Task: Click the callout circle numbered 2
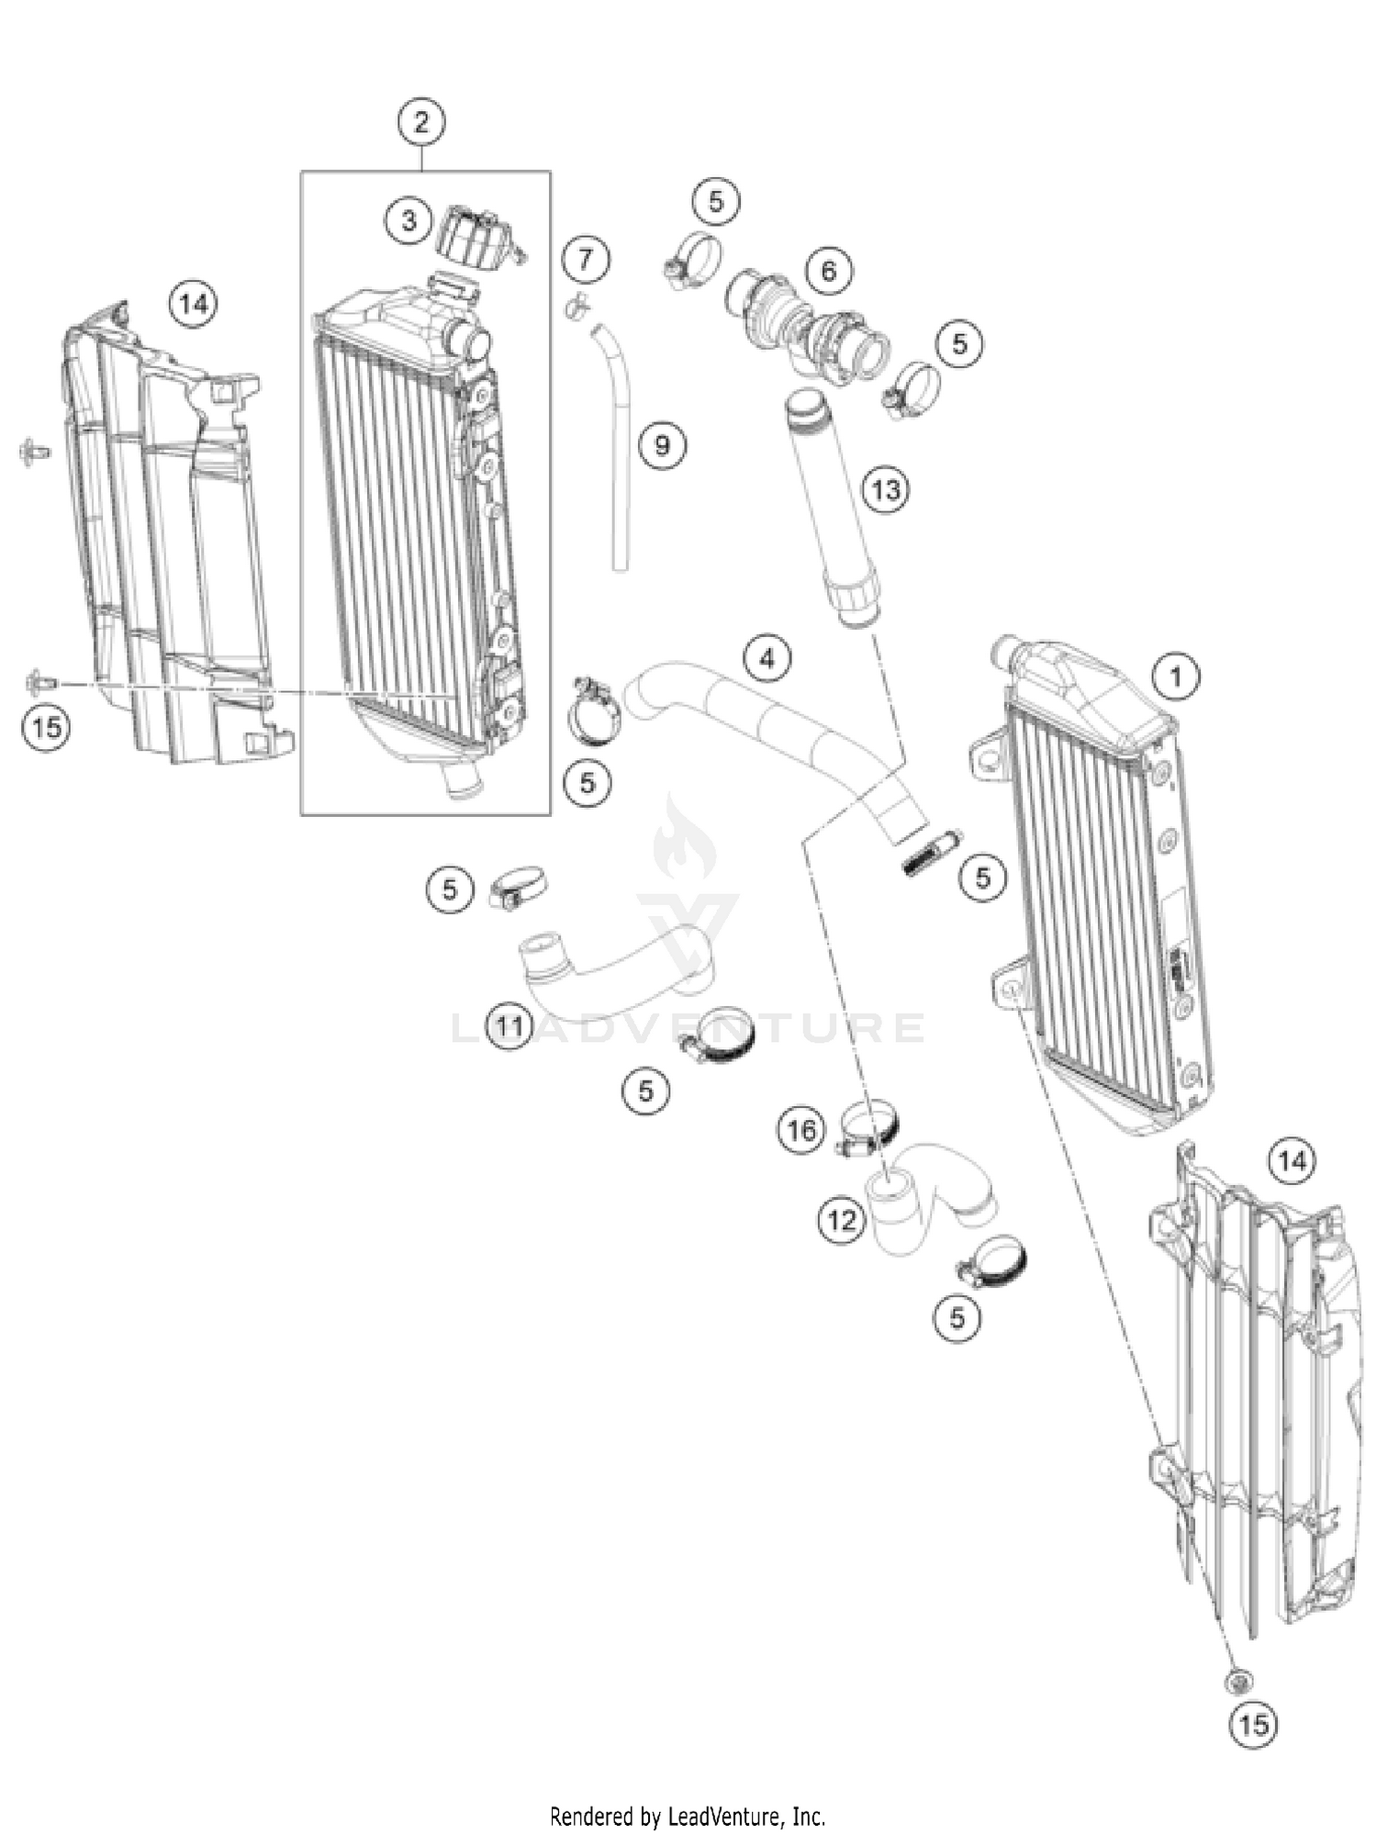(421, 121)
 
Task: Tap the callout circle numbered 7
(586, 259)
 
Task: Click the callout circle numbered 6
(829, 271)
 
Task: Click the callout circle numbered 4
(767, 658)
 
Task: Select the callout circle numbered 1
(1175, 677)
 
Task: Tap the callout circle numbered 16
(801, 1130)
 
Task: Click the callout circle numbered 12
(842, 1220)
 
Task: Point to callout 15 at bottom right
(1254, 1724)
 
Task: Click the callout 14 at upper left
(194, 303)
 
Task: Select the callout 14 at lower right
(1292, 1161)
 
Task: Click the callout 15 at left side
(47, 727)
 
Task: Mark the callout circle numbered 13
(886, 490)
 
